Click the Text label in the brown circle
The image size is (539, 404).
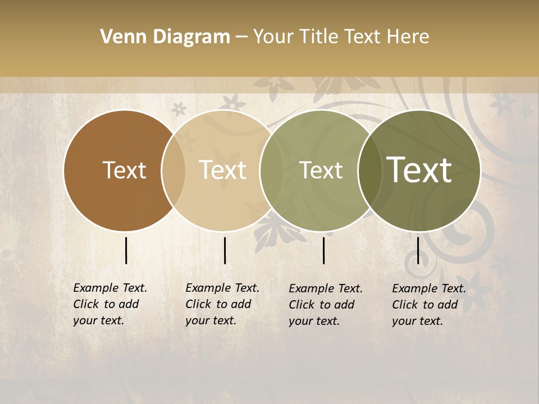click(124, 170)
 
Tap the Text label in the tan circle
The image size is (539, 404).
click(223, 170)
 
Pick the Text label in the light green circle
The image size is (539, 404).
click(321, 170)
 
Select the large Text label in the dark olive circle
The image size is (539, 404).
click(419, 170)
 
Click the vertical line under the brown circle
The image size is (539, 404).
click(126, 250)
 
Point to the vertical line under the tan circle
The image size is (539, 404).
click(225, 250)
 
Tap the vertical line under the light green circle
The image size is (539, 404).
click(324, 250)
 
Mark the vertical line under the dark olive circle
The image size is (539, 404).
click(418, 250)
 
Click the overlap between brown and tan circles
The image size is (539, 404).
click(173, 170)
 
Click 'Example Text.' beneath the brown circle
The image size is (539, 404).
click(110, 288)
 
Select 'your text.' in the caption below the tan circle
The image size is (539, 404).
click(211, 320)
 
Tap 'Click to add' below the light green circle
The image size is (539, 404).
click(322, 305)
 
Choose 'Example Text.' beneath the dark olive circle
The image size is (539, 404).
click(429, 288)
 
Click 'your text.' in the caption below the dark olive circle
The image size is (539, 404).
click(417, 321)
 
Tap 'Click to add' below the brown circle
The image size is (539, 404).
click(106, 304)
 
